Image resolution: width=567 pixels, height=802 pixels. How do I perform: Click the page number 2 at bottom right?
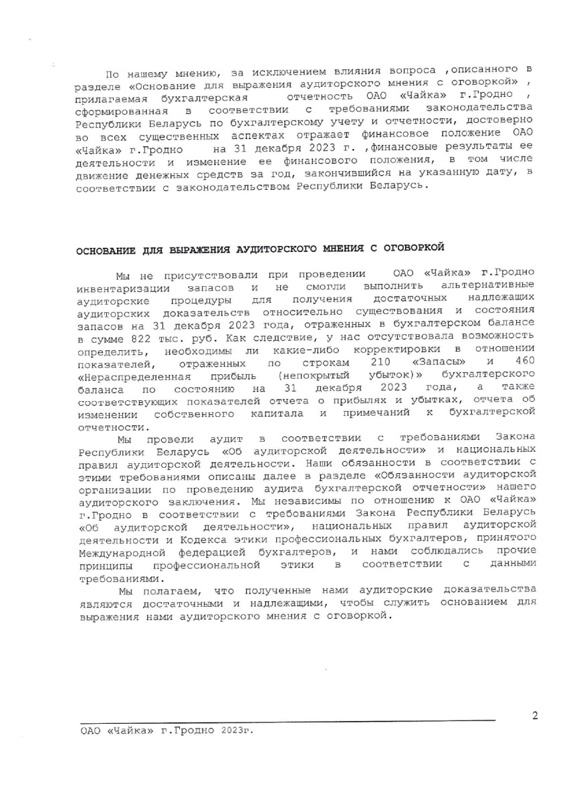click(x=534, y=716)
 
